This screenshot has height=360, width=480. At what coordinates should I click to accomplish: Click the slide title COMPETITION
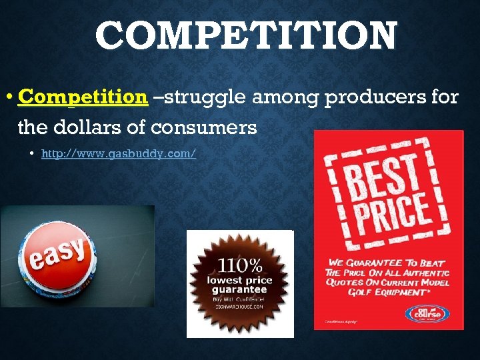click(x=246, y=36)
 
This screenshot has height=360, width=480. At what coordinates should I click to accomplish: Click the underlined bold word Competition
click(x=83, y=97)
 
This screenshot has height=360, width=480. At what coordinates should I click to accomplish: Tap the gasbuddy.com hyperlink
click(x=118, y=154)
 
